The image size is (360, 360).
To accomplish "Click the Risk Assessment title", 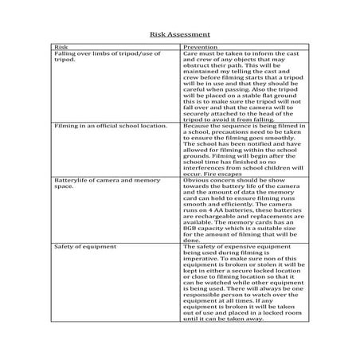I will [179, 35].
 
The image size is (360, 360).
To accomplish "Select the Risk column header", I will [60, 48].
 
